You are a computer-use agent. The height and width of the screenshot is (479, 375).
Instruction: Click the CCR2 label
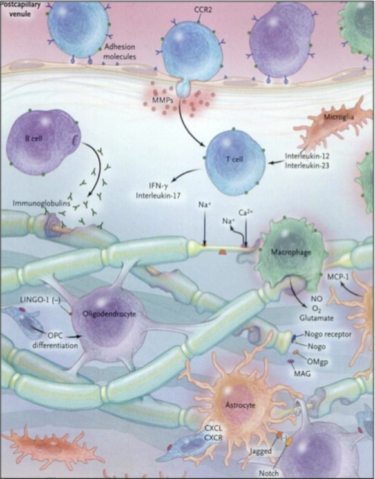203,10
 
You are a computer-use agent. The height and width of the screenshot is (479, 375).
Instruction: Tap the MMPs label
162,100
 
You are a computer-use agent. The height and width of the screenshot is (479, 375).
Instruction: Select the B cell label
34,139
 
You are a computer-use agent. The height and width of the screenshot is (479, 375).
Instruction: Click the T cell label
235,159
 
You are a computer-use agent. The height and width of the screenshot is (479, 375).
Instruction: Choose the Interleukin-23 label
307,166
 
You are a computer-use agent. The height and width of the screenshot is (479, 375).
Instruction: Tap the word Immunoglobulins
41,203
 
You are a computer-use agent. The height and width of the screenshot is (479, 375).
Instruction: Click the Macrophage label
291,252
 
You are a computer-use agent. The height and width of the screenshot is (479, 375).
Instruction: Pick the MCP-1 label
338,277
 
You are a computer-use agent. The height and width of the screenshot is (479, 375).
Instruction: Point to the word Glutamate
316,318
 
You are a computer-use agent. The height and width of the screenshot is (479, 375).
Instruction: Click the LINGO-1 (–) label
40,300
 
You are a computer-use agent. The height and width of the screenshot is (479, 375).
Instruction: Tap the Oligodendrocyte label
110,314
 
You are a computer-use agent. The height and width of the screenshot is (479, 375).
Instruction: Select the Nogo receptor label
328,334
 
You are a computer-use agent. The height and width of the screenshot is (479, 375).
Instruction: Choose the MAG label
302,373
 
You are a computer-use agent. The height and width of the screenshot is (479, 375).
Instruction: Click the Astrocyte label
240,405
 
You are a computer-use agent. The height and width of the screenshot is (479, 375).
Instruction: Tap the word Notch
269,473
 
